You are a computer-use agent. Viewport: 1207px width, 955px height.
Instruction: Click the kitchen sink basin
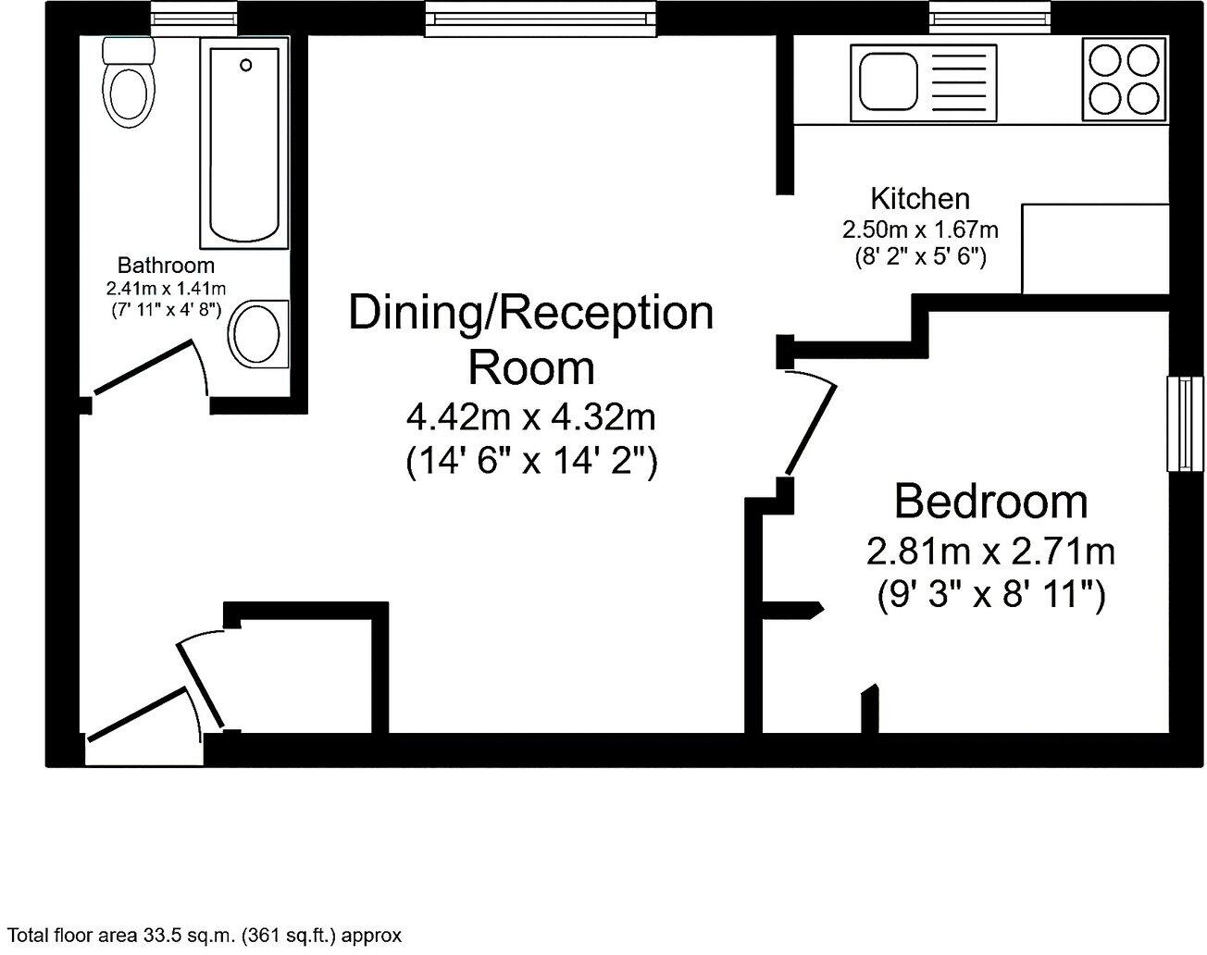(889, 81)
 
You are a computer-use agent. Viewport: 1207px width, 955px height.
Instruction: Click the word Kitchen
(919, 198)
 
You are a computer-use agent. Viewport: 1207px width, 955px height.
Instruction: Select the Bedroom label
(990, 502)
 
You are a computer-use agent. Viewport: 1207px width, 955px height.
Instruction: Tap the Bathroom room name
(166, 266)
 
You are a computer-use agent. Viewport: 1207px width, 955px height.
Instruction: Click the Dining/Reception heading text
(531, 313)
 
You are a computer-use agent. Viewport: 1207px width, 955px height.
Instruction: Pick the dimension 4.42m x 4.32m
(531, 417)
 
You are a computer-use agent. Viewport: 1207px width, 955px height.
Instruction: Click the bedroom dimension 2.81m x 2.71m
(990, 552)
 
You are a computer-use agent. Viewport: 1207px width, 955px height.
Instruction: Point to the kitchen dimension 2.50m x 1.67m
(919, 229)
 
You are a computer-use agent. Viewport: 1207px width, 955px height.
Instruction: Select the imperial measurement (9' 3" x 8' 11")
(990, 595)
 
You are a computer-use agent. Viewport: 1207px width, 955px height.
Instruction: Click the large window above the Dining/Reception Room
(541, 19)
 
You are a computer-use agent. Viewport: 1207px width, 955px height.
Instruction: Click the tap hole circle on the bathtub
(245, 65)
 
